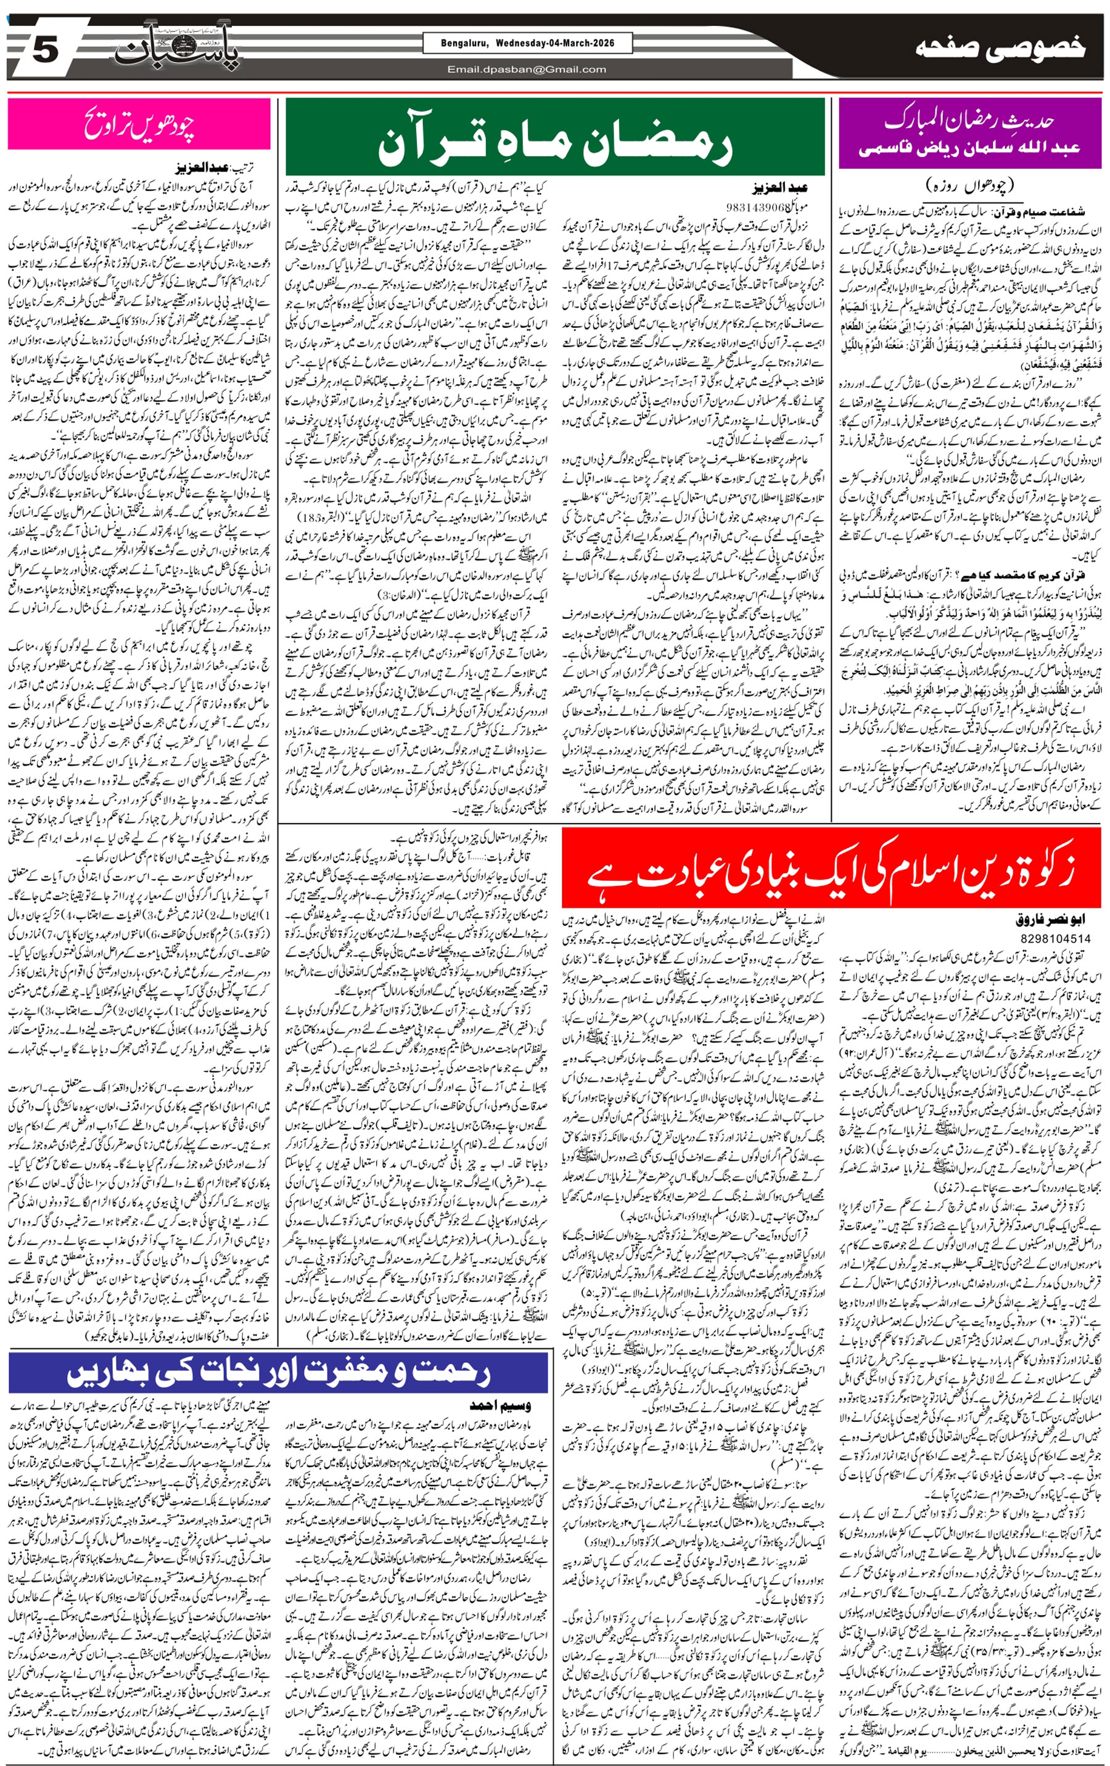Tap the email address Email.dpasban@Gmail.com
tap(527, 70)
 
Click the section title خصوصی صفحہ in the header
tap(999, 49)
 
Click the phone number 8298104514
tap(1054, 938)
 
